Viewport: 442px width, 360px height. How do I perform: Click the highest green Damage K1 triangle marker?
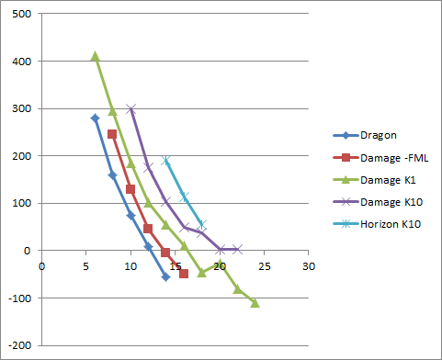(x=95, y=56)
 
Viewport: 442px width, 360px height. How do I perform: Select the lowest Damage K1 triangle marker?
(x=255, y=302)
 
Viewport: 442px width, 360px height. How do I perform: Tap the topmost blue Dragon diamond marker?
(x=95, y=118)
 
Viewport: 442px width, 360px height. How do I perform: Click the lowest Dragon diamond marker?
(x=166, y=276)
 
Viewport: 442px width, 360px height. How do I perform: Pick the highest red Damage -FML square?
(x=112, y=134)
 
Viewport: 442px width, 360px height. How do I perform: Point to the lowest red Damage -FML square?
(x=184, y=274)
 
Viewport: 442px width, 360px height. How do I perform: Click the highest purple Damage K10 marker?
(x=130, y=108)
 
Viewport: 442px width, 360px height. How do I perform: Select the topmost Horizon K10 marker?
(x=166, y=161)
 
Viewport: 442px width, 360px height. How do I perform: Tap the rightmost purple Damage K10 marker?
(x=237, y=249)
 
